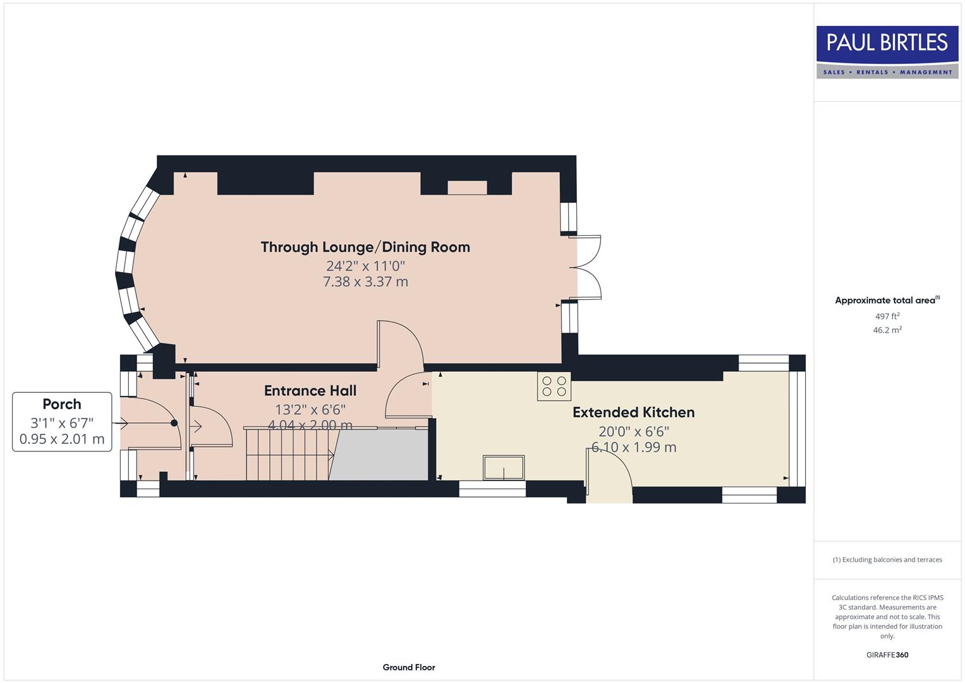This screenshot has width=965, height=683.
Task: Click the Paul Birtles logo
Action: pos(887,52)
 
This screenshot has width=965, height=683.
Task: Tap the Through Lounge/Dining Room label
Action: pos(365,247)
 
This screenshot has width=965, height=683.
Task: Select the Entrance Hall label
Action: pos(310,391)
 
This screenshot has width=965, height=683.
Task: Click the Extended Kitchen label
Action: pos(633,412)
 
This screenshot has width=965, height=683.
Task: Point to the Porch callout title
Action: pos(62,404)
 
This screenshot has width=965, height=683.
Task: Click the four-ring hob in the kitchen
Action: pos(554,386)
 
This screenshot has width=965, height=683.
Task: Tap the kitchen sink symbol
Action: pos(504,467)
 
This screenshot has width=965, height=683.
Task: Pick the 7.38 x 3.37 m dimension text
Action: pos(365,282)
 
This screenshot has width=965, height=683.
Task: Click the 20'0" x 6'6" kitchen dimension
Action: pos(633,431)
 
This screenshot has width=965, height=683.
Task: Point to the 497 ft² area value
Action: pos(887,316)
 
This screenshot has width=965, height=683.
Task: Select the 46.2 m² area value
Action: pos(887,330)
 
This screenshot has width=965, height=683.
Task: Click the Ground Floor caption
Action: pos(409,667)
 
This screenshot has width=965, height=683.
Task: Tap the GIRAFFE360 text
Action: pos(887,655)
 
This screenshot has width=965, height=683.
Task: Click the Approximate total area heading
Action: pos(887,300)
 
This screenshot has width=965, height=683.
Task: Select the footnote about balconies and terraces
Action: pos(887,560)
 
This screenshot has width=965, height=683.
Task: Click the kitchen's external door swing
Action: pos(609,471)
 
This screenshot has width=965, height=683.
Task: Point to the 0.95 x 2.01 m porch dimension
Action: pos(62,439)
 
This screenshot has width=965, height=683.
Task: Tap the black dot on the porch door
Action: pos(174,423)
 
